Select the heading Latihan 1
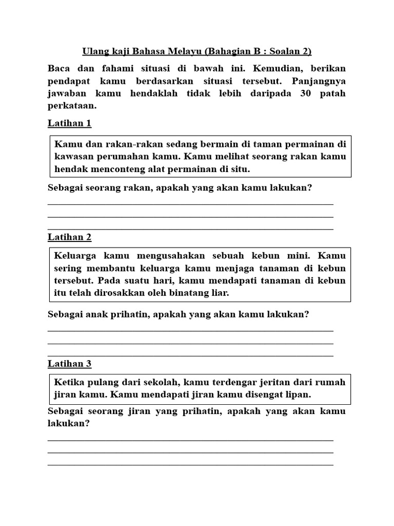69,123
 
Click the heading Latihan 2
69,237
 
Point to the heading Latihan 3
69,364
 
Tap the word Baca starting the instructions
58,68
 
